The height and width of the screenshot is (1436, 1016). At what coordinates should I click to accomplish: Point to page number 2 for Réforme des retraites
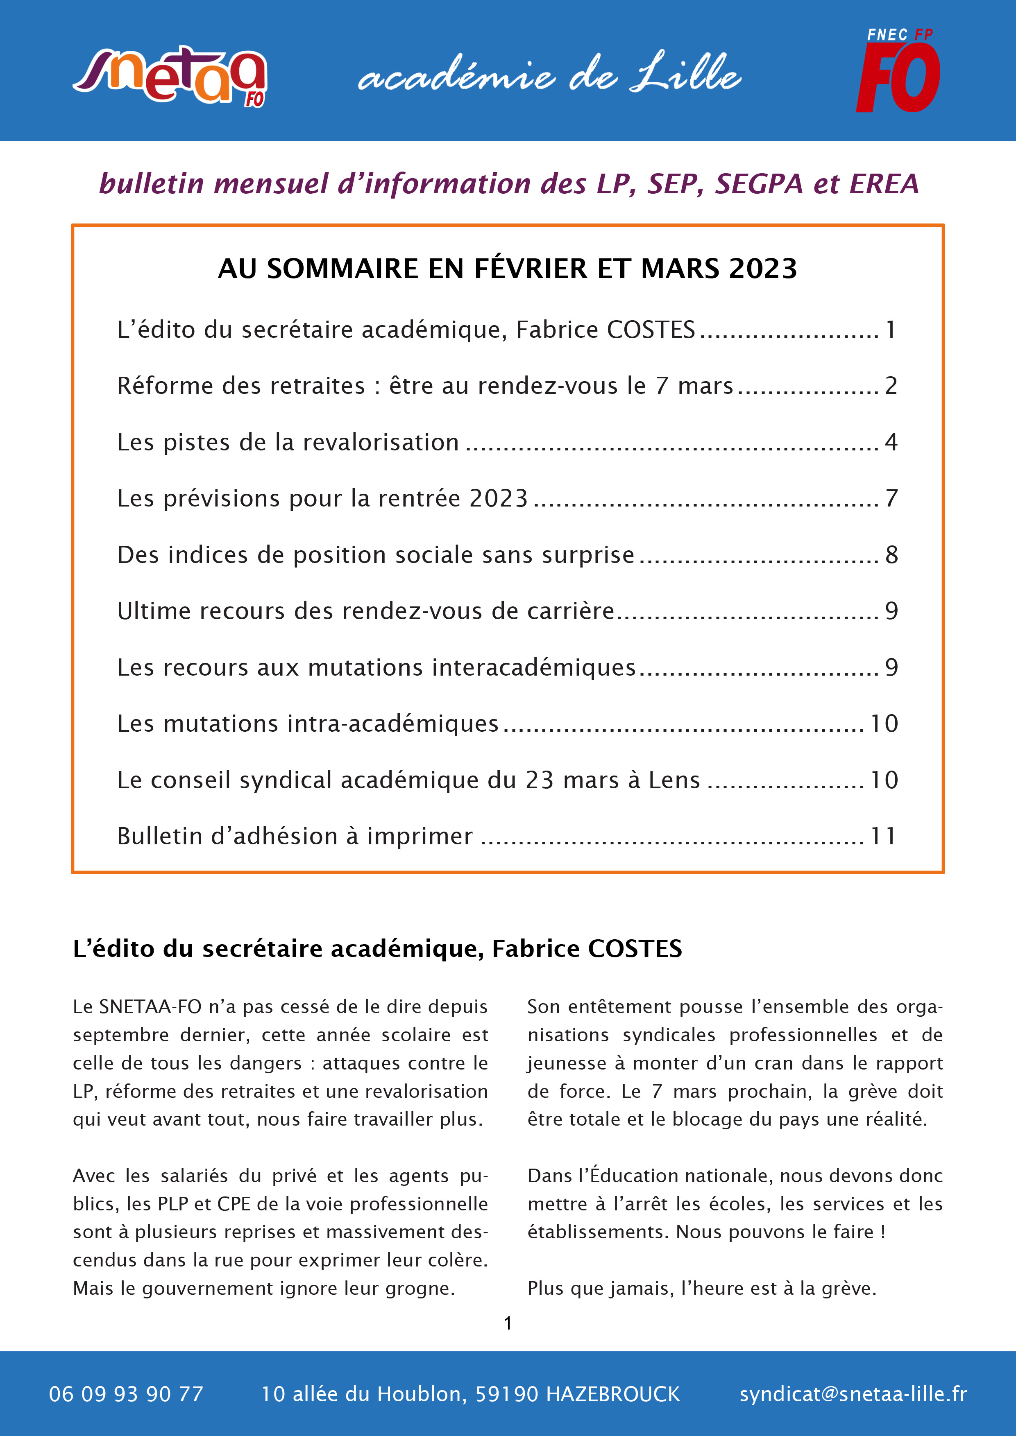(891, 386)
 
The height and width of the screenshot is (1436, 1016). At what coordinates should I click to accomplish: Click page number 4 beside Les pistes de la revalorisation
(891, 442)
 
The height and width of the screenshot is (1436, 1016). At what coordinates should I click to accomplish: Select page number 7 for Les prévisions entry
(891, 498)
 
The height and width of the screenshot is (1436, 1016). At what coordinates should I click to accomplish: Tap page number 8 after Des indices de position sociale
(891, 555)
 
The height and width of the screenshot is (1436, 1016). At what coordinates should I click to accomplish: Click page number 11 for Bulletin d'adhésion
(883, 836)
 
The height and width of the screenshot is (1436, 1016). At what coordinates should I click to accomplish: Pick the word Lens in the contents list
(674, 780)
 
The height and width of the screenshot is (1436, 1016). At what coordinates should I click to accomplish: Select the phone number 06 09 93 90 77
(126, 1394)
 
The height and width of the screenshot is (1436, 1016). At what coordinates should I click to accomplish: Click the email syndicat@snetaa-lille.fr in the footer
(853, 1394)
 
